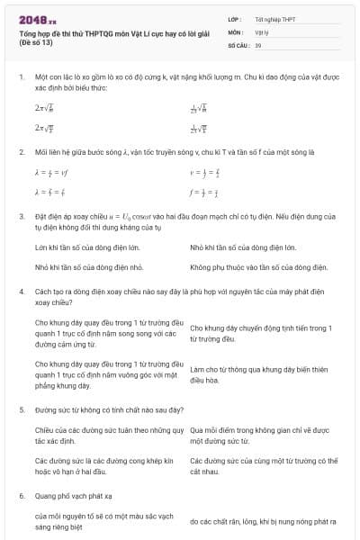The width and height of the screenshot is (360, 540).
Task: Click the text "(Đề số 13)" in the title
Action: pyautogui.click(x=37, y=43)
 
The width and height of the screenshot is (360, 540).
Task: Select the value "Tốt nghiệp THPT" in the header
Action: pyautogui.click(x=274, y=19)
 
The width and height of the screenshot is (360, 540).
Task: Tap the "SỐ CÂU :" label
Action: pyautogui.click(x=238, y=44)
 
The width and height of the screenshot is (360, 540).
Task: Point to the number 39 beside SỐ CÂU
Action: pyautogui.click(x=258, y=44)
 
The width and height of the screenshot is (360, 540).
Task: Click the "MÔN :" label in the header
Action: pyautogui.click(x=237, y=31)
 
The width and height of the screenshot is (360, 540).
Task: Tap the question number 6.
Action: pyautogui.click(x=21, y=496)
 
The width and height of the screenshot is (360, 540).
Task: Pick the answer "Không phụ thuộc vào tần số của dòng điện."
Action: pyautogui.click(x=259, y=267)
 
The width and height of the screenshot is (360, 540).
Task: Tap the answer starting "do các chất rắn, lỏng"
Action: pyautogui.click(x=263, y=521)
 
